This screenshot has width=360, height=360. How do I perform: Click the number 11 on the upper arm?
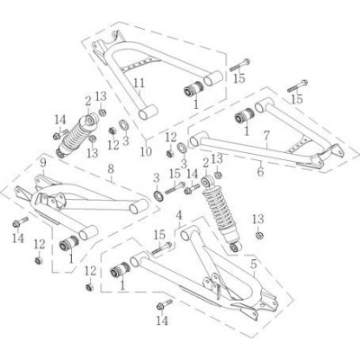click(139, 83)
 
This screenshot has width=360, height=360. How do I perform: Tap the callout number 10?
click(146, 152)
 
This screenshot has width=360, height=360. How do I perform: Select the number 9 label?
click(43, 163)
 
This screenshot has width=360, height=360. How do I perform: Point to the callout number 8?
click(111, 168)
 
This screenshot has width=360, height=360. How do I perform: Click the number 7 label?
click(267, 136)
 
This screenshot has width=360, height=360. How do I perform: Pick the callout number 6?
click(260, 172)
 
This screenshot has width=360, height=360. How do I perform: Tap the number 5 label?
click(254, 265)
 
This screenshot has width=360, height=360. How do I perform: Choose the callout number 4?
click(179, 215)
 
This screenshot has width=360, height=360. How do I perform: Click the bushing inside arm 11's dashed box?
click(193, 88)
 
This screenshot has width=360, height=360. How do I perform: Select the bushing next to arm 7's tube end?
click(244, 115)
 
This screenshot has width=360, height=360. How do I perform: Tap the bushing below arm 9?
click(69, 243)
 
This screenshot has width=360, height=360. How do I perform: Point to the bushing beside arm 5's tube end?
click(120, 270)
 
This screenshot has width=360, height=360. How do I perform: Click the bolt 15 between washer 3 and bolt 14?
click(175, 188)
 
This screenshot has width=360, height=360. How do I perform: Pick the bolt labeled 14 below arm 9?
click(21, 221)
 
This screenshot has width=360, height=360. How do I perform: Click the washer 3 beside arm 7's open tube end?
click(182, 148)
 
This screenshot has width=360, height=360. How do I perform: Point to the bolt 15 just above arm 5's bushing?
click(161, 248)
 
